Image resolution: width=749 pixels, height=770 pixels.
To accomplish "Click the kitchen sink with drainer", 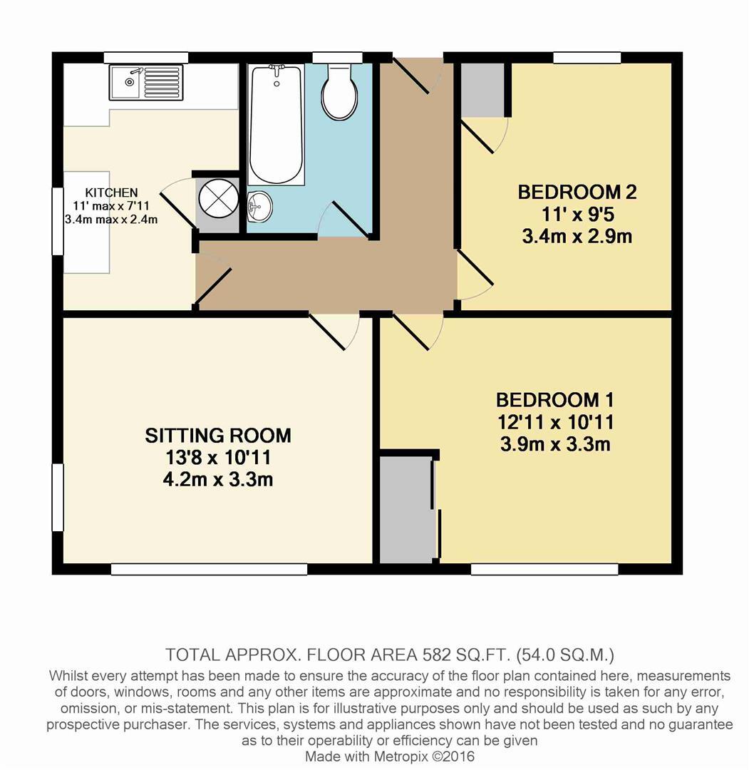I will (x=146, y=82).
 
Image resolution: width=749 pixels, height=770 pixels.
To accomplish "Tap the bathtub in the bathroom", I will (x=277, y=125).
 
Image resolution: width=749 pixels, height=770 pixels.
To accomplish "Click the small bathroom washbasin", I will (x=259, y=207).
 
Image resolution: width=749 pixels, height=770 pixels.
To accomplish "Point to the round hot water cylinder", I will (x=217, y=197).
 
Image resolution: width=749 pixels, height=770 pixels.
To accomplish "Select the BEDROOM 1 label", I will (x=555, y=400).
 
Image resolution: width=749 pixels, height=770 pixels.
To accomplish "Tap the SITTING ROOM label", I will (x=218, y=435).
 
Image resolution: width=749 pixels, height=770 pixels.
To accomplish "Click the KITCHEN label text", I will (x=111, y=192).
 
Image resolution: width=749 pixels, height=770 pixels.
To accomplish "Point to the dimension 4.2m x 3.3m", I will (x=218, y=479).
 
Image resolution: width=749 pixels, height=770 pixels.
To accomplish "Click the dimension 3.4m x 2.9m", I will (x=577, y=235).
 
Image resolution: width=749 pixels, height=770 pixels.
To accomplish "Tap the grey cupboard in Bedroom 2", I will (x=482, y=90).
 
